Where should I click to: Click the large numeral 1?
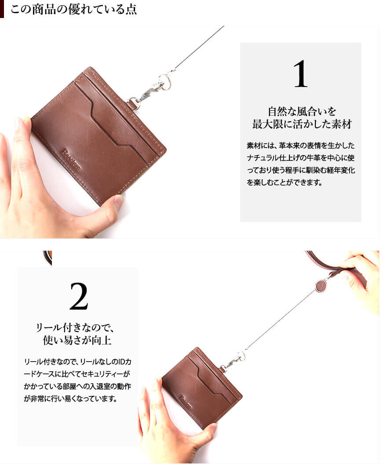(300, 74)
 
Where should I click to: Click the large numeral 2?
(79, 296)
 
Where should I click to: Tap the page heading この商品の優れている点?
(74, 9)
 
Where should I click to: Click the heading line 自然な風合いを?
(302, 112)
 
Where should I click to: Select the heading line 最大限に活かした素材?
(302, 124)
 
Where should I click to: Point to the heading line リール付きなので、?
(75, 327)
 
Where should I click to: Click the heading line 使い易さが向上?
(77, 340)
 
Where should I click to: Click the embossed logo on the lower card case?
(185, 402)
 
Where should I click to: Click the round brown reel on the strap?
(321, 286)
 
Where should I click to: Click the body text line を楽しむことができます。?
(284, 182)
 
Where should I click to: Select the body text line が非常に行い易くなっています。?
(71, 399)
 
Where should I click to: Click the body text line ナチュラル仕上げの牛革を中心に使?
(300, 158)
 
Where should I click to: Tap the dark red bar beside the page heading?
(2, 9)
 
